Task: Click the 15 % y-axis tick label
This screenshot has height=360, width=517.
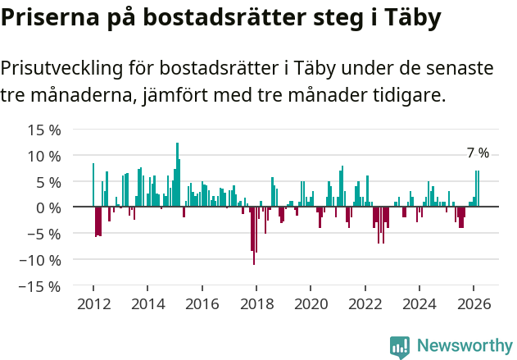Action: [44, 130]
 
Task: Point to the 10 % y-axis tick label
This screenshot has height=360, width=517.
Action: [44, 156]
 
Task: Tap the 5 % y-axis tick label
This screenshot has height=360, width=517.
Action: [48, 182]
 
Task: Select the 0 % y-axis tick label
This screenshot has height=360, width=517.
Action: [48, 207]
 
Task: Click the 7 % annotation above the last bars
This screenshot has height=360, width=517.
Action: [478, 153]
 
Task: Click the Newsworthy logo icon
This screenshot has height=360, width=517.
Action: [400, 347]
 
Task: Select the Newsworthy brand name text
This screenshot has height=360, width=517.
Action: [464, 347]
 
